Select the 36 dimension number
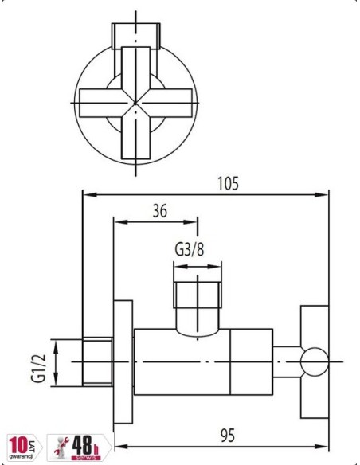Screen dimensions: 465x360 click(x=159, y=211)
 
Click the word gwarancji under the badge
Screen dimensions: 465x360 click(x=21, y=459)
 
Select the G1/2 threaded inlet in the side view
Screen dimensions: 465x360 click(x=98, y=361)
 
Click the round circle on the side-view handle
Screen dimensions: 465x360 click(x=315, y=361)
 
